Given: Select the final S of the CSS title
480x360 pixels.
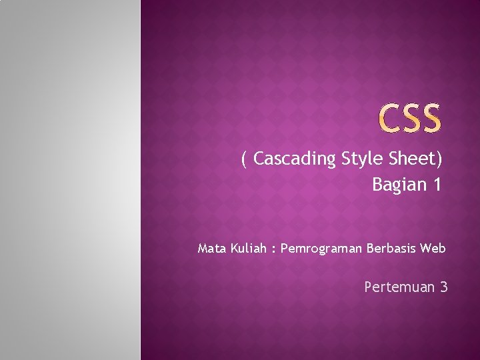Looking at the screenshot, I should (x=430, y=118).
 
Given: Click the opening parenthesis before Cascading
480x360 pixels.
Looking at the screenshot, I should (x=245, y=159).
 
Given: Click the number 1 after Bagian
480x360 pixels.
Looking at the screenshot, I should (x=437, y=184).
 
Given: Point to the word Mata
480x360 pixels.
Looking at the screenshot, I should (x=212, y=249).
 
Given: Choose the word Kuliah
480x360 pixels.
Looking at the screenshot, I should (x=249, y=249).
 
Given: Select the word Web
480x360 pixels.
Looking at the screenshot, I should (x=433, y=249).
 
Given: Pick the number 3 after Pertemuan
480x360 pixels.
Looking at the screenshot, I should (x=443, y=287).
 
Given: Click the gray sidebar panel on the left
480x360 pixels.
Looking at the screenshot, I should (x=70, y=180).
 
